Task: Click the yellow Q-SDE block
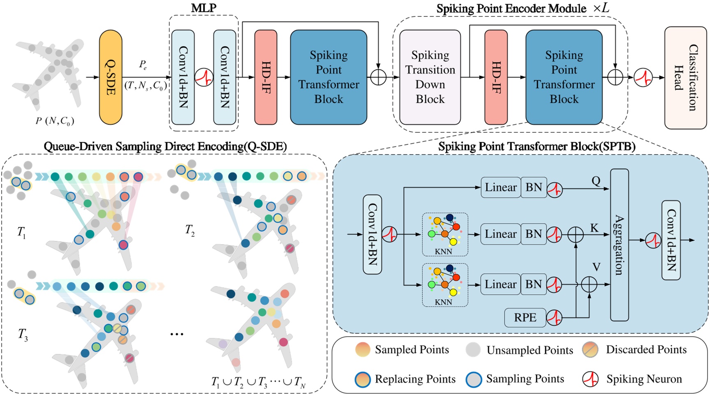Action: click(111, 77)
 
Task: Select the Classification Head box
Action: click(685, 78)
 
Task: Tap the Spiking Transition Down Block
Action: click(430, 77)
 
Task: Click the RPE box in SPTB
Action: click(525, 318)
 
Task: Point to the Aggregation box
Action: click(619, 245)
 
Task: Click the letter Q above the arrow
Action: click(596, 181)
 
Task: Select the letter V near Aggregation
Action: click(596, 268)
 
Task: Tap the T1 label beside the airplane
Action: click(21, 233)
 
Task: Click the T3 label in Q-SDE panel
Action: click(23, 335)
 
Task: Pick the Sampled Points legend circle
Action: click(362, 350)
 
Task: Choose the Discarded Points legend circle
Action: click(590, 350)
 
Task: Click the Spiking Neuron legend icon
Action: click(590, 379)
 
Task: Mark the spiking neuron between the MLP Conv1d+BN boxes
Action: click(204, 77)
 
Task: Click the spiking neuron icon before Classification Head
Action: click(643, 77)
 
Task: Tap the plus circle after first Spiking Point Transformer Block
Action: click(378, 77)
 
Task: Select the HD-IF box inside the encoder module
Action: click(496, 77)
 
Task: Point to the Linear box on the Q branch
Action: click(500, 187)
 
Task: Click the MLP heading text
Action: click(204, 8)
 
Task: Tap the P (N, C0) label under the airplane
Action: click(55, 121)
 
